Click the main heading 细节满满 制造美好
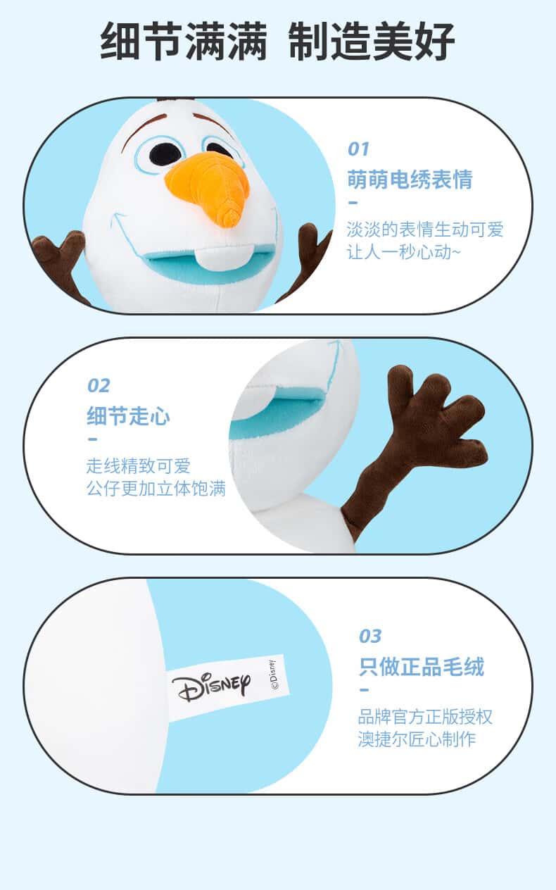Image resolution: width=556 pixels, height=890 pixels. (277, 42)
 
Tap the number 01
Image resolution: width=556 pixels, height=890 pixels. (359, 149)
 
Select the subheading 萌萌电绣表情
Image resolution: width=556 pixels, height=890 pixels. (410, 179)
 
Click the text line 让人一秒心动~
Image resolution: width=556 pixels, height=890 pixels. (403, 252)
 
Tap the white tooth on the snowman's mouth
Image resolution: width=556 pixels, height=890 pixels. (215, 258)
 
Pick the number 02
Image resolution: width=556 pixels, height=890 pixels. (99, 386)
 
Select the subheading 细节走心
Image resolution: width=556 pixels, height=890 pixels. (128, 415)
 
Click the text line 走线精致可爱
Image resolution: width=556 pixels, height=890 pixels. (139, 465)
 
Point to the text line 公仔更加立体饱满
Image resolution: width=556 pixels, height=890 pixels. (156, 489)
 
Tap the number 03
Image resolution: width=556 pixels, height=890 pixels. (370, 636)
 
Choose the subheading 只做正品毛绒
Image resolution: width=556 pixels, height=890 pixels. (422, 666)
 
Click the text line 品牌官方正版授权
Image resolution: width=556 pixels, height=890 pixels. (425, 716)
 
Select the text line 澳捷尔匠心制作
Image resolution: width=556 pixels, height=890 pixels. (417, 739)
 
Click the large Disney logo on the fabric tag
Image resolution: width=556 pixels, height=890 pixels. (211, 687)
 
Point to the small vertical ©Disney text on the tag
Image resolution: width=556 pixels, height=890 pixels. (273, 675)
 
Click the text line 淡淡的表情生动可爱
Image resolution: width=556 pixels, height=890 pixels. (425, 230)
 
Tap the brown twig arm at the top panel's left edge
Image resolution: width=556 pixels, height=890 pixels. (60, 262)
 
